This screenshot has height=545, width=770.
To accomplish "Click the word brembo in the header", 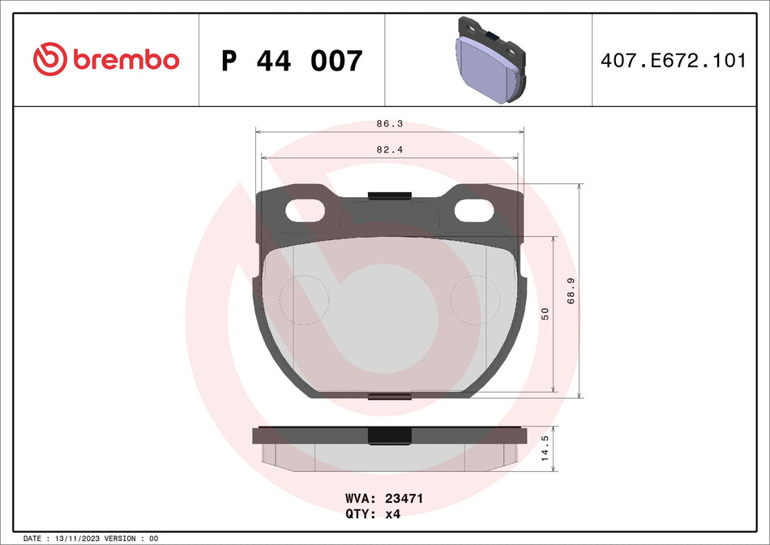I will click(126, 60).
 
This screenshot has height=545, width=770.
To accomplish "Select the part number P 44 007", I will click(292, 61).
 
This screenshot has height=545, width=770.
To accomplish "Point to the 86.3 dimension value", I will click(389, 124).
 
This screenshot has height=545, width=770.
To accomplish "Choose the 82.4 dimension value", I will click(389, 149).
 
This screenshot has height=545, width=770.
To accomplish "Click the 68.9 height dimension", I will click(571, 291).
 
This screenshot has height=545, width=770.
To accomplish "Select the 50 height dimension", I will click(545, 313).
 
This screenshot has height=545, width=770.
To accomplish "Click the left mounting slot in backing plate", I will click(304, 211).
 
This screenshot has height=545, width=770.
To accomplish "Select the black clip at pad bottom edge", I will click(387, 396).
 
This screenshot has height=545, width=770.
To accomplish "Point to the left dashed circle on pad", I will click(305, 300).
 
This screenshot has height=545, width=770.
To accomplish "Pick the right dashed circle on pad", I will click(473, 300).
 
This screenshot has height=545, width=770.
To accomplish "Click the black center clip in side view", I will click(387, 436).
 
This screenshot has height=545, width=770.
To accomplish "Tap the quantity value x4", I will click(392, 513).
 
